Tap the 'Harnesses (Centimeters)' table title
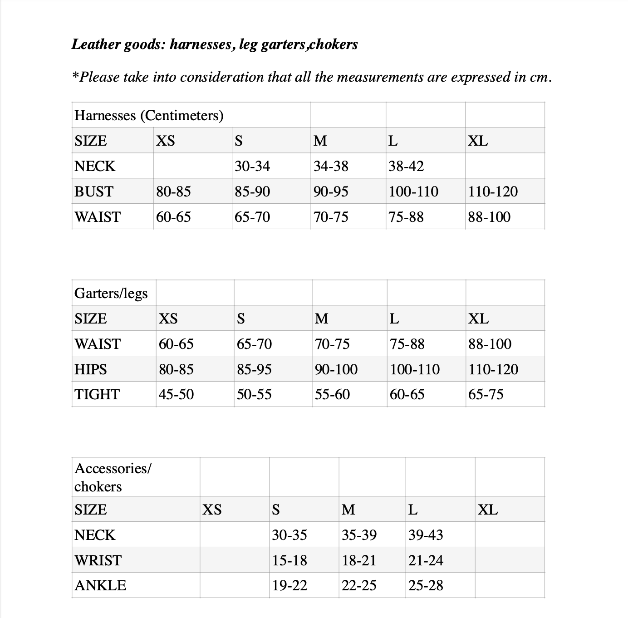pyautogui.click(x=149, y=115)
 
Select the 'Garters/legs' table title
pyautogui.click(x=111, y=293)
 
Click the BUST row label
pyautogui.click(x=94, y=191)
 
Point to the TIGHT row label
pyautogui.click(x=97, y=394)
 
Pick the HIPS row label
pyautogui.click(x=91, y=369)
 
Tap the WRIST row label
pyautogui.click(x=98, y=560)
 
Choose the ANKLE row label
pyautogui.click(x=100, y=585)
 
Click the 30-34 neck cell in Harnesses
pyautogui.click(x=252, y=166)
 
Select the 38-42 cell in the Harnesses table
pyautogui.click(x=406, y=166)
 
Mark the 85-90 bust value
pyautogui.click(x=252, y=191)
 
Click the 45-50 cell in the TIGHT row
pyautogui.click(x=176, y=394)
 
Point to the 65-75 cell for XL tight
pyautogui.click(x=486, y=394)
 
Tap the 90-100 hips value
pyautogui.click(x=336, y=369)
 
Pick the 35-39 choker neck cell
pyautogui.click(x=359, y=535)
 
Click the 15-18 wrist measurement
pyautogui.click(x=289, y=560)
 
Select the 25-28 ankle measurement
pyautogui.click(x=426, y=585)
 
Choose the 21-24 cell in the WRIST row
pyautogui.click(x=426, y=560)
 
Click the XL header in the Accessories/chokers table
pyautogui.click(x=488, y=510)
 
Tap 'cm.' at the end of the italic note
pyautogui.click(x=541, y=78)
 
